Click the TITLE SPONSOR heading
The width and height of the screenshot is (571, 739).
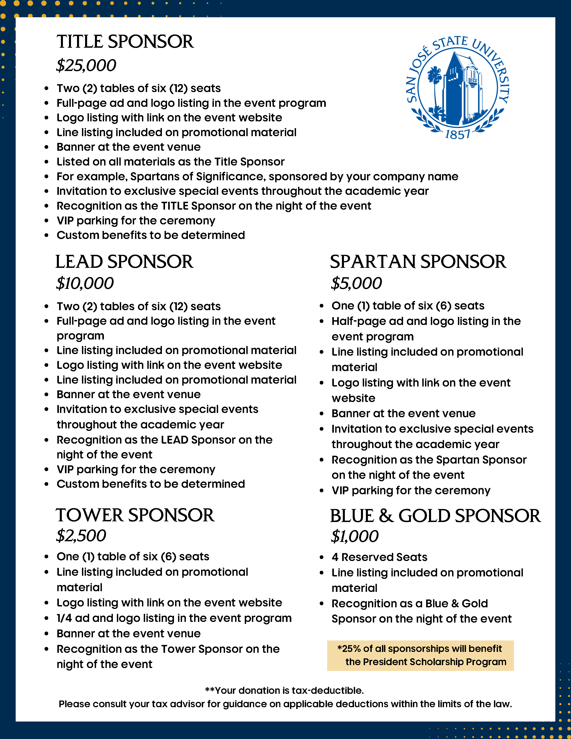coord(125,42)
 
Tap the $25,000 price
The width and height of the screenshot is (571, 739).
coord(86,65)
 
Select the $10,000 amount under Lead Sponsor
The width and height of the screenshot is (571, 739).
coord(85,283)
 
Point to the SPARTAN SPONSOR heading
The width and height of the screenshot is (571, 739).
coord(418,262)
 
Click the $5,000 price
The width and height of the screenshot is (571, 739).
coord(356,283)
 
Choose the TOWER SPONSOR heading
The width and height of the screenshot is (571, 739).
coord(135,515)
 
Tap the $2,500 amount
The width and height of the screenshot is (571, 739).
coord(81,536)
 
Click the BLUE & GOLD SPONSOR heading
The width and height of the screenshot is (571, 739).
coord(435,516)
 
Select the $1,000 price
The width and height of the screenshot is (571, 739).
coord(355,536)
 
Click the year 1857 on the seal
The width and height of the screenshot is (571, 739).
coord(457,135)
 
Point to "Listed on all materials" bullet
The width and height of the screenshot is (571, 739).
coord(170,162)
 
